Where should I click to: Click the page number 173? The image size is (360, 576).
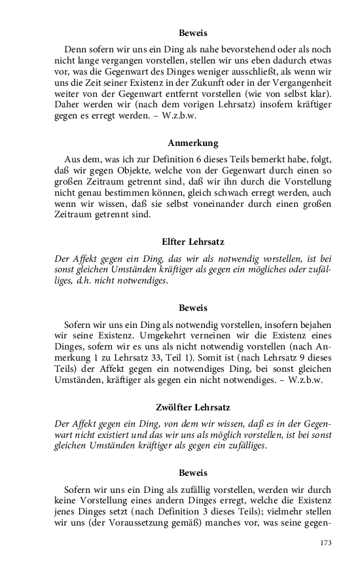tap(325, 543)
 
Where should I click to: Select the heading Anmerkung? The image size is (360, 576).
tap(192, 143)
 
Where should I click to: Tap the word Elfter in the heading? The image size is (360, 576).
tap(176, 242)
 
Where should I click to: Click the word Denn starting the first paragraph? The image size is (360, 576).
tap(75, 49)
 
